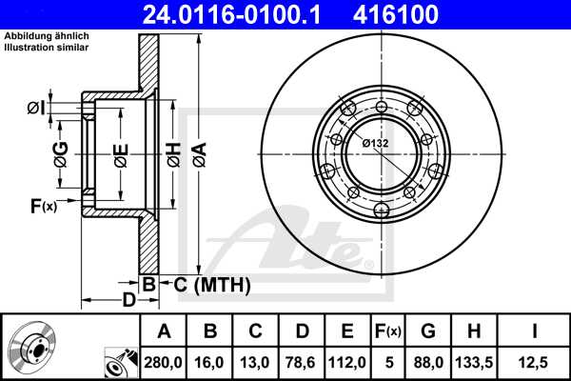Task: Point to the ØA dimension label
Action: (x=198, y=152)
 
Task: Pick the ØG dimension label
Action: (x=60, y=152)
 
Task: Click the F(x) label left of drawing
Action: (x=44, y=205)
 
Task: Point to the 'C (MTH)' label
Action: (x=210, y=284)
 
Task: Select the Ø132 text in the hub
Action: (x=375, y=143)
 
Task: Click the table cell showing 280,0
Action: (x=165, y=363)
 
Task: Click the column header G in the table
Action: (x=427, y=331)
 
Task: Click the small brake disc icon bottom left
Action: (x=30, y=349)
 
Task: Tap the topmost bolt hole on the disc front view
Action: (x=382, y=106)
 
